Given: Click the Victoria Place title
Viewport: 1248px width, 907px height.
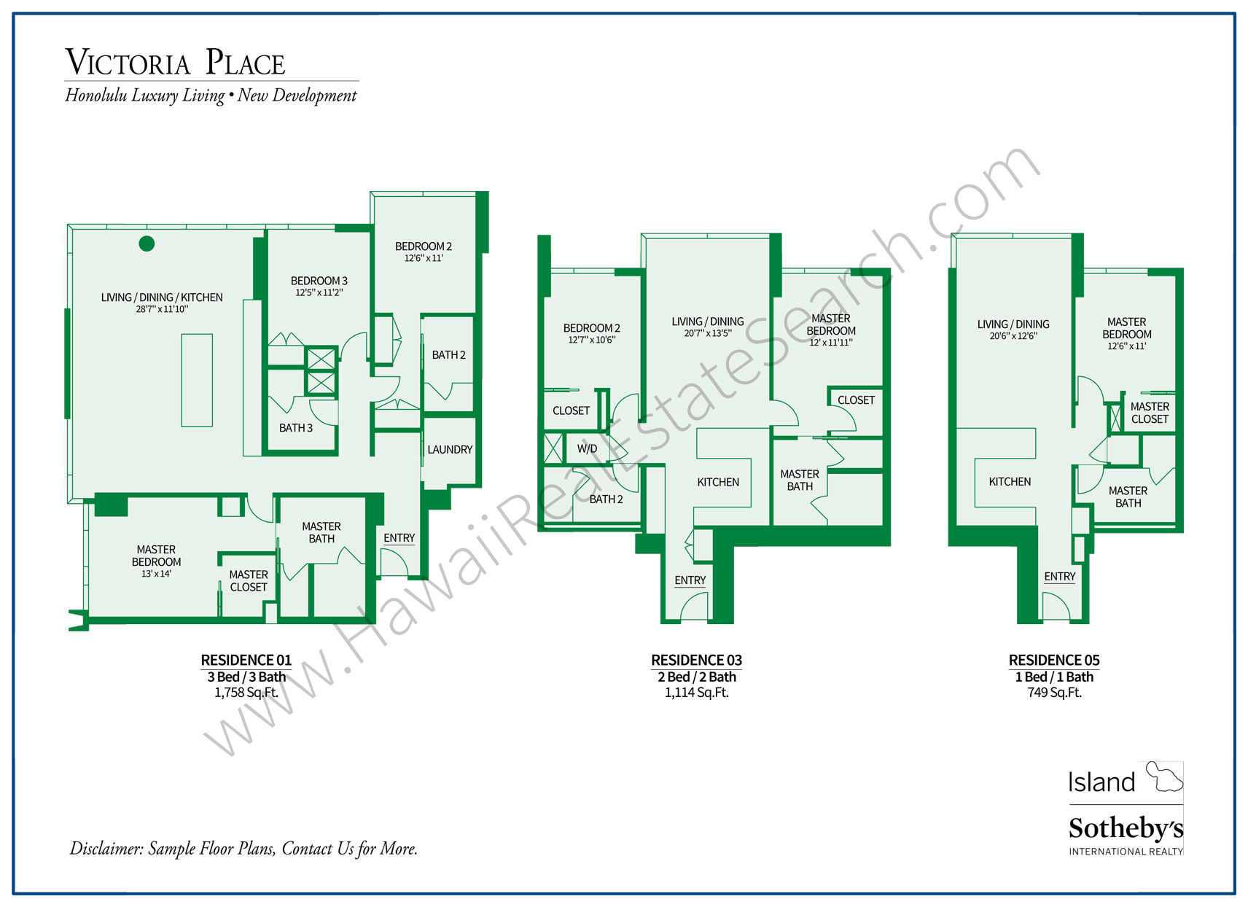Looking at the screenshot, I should pos(175,63).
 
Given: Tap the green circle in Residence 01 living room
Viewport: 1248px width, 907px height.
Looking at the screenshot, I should pos(147,244).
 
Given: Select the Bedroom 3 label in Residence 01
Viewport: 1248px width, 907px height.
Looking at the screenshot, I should pos(319,281).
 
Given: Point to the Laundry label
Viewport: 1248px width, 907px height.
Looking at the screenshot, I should pos(450,450).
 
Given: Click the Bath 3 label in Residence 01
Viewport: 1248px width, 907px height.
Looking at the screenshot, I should pos(296,428).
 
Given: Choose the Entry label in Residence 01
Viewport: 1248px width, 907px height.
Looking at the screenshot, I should pos(399,538).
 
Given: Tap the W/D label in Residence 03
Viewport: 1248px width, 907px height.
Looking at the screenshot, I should pos(587,449).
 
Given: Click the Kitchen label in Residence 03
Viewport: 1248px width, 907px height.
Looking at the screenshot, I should pos(718,482).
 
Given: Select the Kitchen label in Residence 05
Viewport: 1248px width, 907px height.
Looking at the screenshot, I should pos(1010,482).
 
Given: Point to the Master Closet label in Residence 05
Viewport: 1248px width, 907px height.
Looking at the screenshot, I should pos(1150,413).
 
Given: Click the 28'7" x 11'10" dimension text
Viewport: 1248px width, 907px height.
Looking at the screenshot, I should pos(162,309).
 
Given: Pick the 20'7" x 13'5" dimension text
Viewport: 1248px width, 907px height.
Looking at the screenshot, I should pos(707,333).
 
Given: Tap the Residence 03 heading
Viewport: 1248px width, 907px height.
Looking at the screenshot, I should pos(696,661).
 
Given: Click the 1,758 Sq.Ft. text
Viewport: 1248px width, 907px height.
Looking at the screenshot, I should pos(246,693).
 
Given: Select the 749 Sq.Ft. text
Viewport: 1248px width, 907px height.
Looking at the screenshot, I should pos(1054,693).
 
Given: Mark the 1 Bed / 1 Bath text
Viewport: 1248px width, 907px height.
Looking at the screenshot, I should pos(1054,677).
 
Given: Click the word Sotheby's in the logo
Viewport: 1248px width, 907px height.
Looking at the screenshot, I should pos(1126,828).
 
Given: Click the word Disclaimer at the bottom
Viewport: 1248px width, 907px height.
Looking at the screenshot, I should pos(106,849).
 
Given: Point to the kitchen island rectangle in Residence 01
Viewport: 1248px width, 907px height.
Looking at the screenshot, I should pos(197,380).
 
